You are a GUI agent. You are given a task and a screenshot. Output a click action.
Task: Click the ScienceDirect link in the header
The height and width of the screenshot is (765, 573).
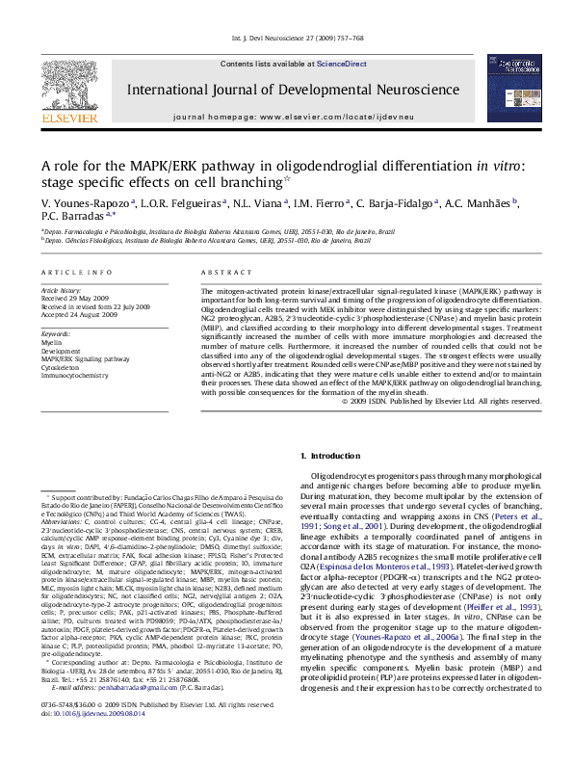coord(344,63)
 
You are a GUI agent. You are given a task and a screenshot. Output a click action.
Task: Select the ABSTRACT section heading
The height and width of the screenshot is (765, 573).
coord(221,274)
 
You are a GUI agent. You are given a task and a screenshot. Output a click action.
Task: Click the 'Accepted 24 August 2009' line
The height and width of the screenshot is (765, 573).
coord(81,313)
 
